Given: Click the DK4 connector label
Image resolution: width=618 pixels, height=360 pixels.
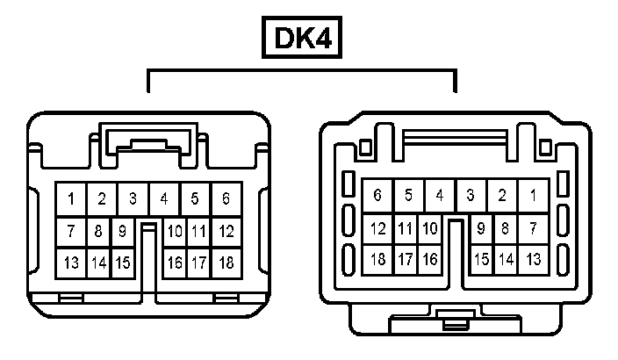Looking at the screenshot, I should [301, 39].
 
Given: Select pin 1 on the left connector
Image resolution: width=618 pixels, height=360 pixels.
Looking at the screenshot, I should [71, 199].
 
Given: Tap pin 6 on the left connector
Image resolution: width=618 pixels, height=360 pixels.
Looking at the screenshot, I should [226, 199].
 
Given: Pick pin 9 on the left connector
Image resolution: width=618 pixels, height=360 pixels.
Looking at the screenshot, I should [124, 232].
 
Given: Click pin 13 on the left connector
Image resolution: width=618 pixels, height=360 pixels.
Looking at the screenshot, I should [71, 263].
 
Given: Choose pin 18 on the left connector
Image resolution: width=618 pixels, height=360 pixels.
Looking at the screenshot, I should [226, 263].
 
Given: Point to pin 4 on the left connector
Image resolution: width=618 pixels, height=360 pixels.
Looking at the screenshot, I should [163, 199].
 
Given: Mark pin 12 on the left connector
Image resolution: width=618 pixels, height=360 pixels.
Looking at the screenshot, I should [226, 232].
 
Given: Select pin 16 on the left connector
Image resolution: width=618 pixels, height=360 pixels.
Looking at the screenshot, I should [175, 263].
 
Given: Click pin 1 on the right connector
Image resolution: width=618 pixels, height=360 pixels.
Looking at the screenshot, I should [533, 195].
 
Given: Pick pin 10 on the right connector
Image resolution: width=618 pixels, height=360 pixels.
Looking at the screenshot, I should [430, 229].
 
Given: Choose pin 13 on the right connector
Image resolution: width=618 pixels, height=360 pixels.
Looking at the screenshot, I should [533, 260].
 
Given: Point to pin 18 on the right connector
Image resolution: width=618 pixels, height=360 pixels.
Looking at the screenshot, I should [378, 260].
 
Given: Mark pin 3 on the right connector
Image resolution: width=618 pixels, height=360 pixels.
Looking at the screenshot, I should [471, 195].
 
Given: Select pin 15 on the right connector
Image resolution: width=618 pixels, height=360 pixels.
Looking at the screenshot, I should [481, 260].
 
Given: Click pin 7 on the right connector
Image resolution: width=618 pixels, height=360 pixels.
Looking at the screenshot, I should [533, 229].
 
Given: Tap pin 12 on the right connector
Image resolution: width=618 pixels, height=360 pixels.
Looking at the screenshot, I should [378, 229].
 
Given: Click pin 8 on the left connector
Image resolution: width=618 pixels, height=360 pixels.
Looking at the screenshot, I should [98, 232].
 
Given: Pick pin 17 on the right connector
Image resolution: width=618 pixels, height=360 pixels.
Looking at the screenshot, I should [405, 260].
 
